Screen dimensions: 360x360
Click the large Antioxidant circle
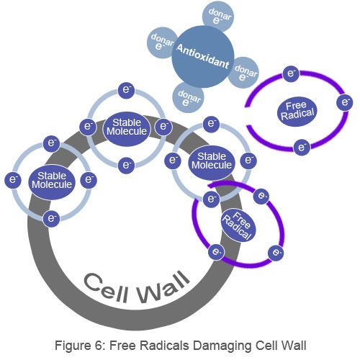pos(203,57)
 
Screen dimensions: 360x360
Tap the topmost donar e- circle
pos(218,17)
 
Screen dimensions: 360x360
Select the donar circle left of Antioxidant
pos(163,42)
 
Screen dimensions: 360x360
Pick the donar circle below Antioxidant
pos(188,97)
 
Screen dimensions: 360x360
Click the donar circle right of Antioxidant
pos(243,73)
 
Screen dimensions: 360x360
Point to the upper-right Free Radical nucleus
pos(297,112)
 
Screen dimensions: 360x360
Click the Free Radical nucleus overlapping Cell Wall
pos(238,225)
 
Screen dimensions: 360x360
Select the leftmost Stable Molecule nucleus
pos(52,182)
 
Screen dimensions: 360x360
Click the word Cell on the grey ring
pos(106,287)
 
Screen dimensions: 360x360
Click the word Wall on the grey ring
pos(164,287)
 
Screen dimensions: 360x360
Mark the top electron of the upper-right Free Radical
pos(291,74)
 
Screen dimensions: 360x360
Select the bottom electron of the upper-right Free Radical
pos(302,147)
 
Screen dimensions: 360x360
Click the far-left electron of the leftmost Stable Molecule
pos(13,180)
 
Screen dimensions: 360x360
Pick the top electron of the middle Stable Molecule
pos(126,90)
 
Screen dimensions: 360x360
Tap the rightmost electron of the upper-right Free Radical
pos(344,102)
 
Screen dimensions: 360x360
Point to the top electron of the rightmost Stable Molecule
pos(211,124)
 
